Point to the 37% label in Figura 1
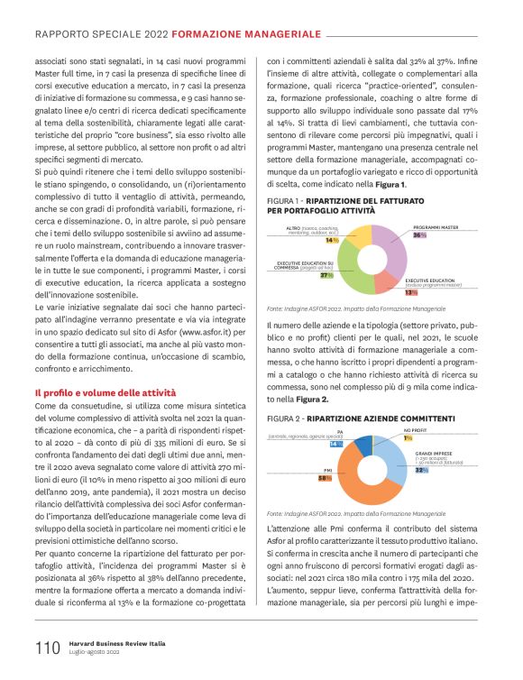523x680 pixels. pos(326,275)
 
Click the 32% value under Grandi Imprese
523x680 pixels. pos(420,470)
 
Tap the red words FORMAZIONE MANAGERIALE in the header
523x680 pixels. pos(246,33)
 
